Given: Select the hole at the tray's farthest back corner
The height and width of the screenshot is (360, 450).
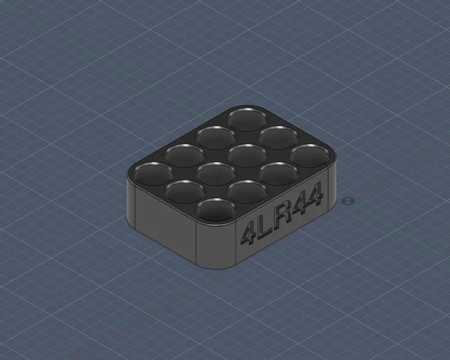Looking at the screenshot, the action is tap(247, 119).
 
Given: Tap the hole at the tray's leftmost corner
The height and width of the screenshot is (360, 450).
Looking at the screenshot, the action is tap(153, 173).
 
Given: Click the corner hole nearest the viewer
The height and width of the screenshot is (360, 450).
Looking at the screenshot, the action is tap(216, 210).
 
